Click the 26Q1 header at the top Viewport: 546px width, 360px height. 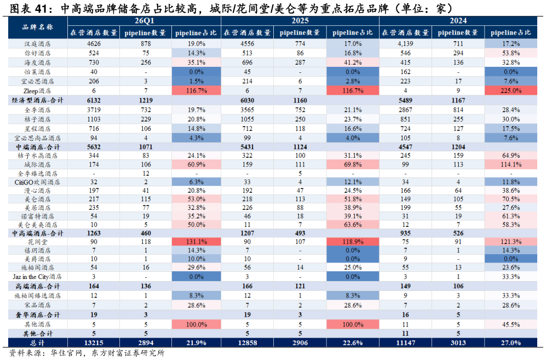(144, 21)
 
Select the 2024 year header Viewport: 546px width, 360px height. (458, 21)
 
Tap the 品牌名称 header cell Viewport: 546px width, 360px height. (38, 27)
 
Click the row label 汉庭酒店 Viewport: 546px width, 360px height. (38, 44)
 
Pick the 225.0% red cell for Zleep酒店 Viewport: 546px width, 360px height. (510, 90)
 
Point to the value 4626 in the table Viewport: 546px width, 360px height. (94, 44)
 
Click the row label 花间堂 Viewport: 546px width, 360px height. (38, 242)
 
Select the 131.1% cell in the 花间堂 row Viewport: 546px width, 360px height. (197, 242)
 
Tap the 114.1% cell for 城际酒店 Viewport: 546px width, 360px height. (510, 164)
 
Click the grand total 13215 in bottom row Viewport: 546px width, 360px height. (94, 343)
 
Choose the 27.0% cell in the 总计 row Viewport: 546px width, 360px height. (510, 343)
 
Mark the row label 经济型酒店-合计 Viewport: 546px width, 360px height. (38, 100)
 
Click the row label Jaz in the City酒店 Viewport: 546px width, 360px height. (37, 277)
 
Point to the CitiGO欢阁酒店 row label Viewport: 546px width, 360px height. (37, 182)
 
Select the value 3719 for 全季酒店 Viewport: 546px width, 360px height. (94, 110)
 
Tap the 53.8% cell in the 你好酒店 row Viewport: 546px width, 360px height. (510, 53)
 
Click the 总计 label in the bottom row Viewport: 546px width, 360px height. (38, 343)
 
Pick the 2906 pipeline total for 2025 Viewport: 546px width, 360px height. (300, 343)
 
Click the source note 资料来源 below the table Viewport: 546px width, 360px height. (24, 353)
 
